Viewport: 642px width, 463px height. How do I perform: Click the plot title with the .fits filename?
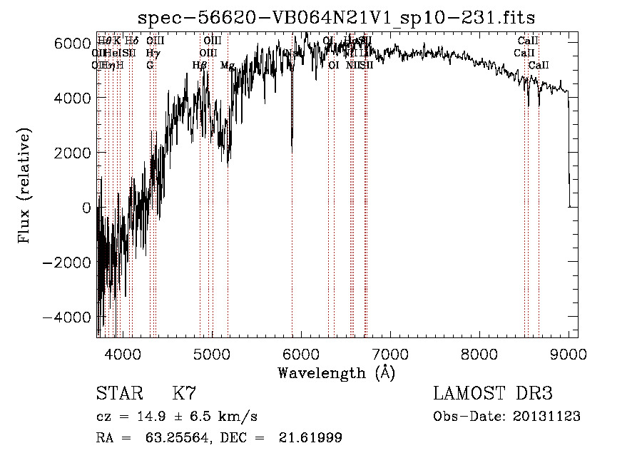337,16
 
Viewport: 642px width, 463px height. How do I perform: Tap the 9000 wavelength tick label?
569,353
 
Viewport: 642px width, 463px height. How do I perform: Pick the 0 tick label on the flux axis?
87,208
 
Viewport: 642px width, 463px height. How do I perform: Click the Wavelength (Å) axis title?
337,372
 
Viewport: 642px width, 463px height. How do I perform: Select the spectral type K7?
183,394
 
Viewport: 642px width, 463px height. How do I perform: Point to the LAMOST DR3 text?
493,394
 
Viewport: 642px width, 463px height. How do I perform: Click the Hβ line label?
200,66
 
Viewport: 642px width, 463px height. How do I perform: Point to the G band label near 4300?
150,66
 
